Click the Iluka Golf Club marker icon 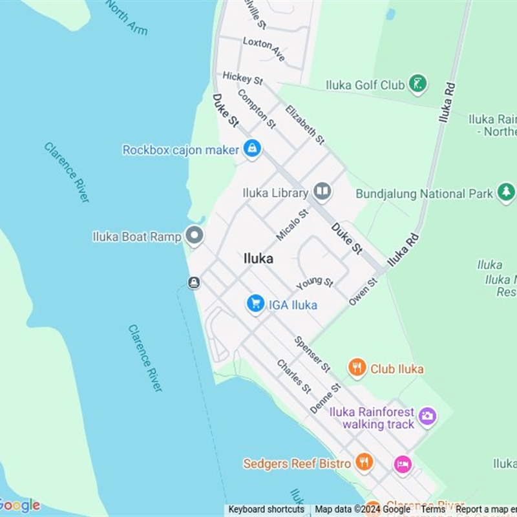coord(418,84)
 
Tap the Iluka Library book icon coord(322,191)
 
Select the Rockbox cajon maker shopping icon coord(252,149)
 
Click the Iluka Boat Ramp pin coord(194,236)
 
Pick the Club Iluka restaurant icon coord(357,368)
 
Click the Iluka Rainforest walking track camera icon coord(427,416)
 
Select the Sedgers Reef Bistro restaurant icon coord(364,463)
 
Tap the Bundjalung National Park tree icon coord(506,193)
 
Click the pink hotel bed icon coord(403,464)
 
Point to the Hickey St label coord(242,78)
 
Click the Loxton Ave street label coord(264,48)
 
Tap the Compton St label coord(257,108)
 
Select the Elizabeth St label coord(304,124)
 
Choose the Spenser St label coord(311,353)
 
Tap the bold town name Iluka coord(258,258)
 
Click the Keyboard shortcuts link coord(266,509)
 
